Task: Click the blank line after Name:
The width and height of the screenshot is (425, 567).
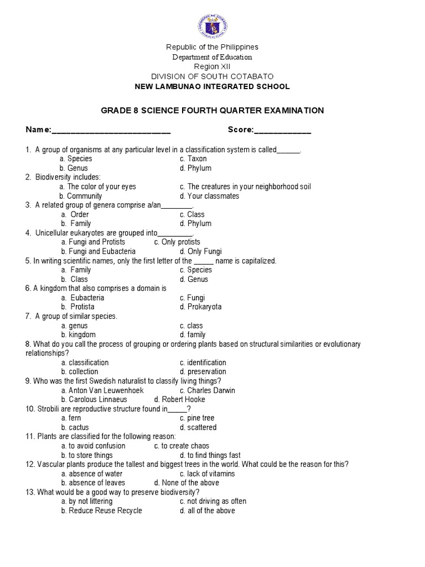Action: point(111,131)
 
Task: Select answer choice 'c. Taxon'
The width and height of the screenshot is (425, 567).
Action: point(193,159)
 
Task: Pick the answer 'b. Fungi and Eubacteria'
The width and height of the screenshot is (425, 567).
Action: point(98,251)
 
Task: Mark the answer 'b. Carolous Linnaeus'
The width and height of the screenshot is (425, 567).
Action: point(94,399)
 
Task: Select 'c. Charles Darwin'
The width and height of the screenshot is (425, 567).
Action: point(207,390)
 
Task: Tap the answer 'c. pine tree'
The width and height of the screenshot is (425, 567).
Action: point(196,418)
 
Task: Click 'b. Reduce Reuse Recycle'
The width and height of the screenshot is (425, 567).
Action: point(101,511)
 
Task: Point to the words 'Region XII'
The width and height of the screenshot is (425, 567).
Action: point(212,66)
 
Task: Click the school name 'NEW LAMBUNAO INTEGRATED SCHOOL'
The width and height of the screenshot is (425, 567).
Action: point(212,86)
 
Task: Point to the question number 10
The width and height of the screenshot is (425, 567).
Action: point(30,409)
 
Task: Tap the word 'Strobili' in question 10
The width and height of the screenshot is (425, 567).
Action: point(50,409)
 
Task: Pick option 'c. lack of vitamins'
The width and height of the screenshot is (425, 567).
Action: point(207,473)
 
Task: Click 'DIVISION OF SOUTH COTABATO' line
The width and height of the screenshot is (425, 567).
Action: point(212,76)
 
